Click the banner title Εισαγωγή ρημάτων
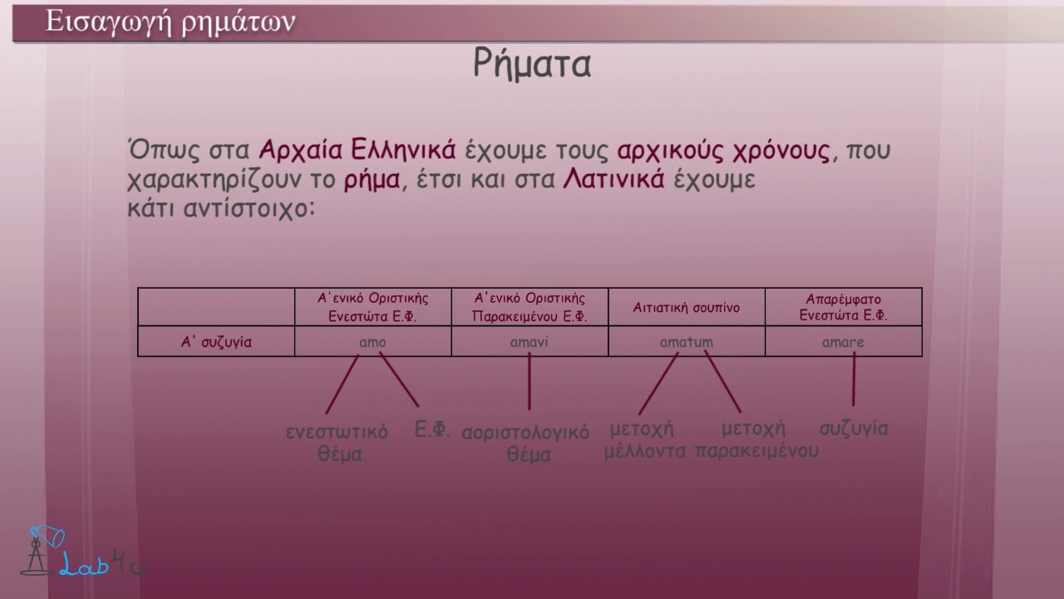(170, 22)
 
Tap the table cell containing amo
(372, 342)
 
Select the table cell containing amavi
(530, 342)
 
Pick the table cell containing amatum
(686, 342)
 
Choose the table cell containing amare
(843, 342)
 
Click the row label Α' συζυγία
(216, 342)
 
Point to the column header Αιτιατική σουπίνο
(686, 308)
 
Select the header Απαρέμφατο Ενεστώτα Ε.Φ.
(843, 308)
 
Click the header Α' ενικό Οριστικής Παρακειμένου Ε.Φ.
(530, 308)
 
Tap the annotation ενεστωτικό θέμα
(337, 443)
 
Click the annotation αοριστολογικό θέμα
(525, 443)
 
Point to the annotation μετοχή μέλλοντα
(644, 440)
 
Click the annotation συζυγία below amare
(854, 429)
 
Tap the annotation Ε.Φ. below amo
(432, 430)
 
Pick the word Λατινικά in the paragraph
(613, 180)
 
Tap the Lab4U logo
(83, 553)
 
